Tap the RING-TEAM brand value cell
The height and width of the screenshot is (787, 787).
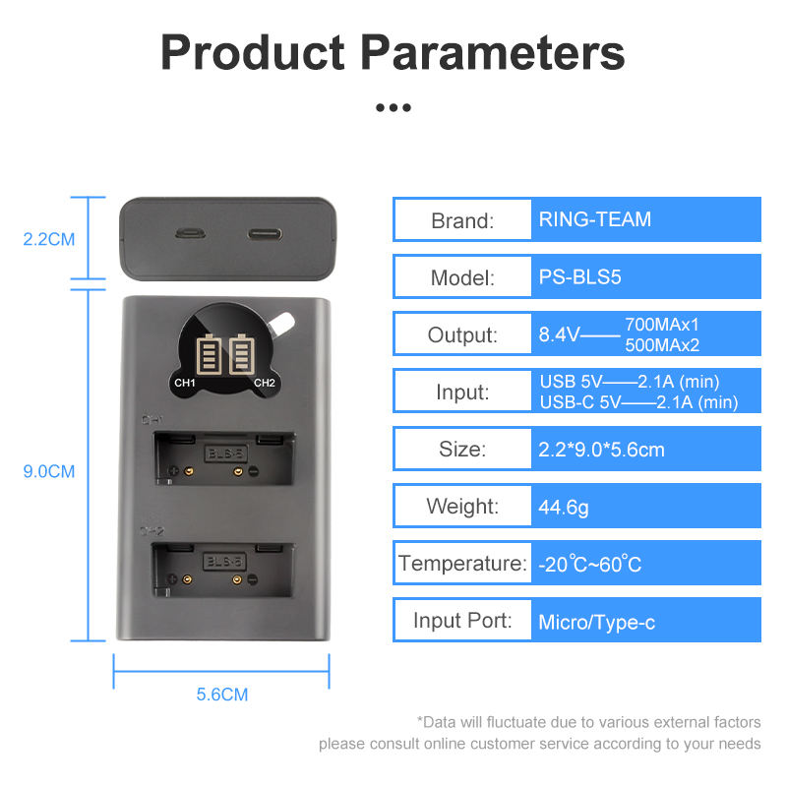point(645,219)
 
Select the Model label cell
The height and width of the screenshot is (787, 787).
point(462,276)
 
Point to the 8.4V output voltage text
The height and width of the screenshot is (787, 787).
point(558,334)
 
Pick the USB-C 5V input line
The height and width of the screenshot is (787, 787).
point(638,401)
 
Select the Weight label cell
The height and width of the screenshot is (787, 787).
point(462,507)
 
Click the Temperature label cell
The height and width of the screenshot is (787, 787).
point(462,564)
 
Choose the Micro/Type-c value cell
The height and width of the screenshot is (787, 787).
point(645,622)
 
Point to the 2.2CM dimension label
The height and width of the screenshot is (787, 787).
point(49,238)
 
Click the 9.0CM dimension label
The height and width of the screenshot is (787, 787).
point(49,471)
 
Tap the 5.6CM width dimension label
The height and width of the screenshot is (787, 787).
point(222,695)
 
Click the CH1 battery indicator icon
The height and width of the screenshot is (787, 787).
point(210,356)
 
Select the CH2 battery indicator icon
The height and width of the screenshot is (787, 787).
point(242,356)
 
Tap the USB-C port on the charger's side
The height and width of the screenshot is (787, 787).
point(264,236)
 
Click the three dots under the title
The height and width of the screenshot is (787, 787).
point(393,107)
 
